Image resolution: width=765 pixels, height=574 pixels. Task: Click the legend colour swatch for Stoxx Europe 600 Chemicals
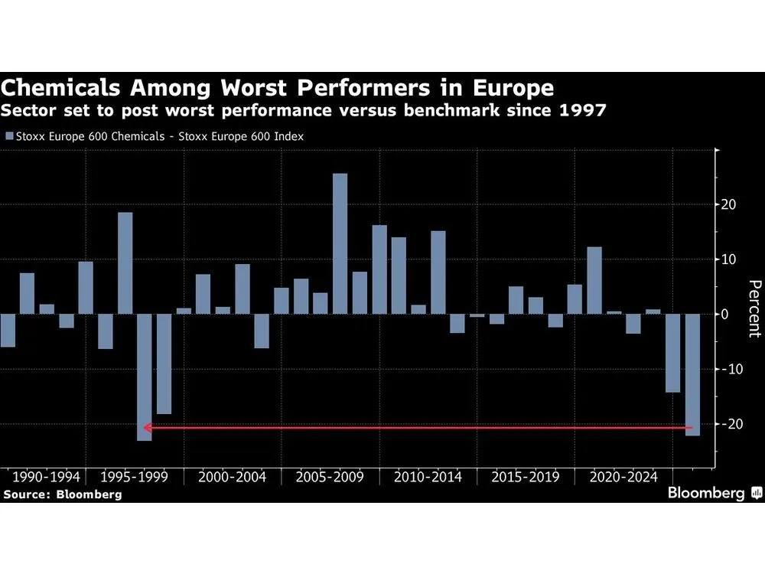tap(8, 137)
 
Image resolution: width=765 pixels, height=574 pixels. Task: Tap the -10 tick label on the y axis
tap(729, 369)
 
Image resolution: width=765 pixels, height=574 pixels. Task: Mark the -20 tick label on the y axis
tap(729, 424)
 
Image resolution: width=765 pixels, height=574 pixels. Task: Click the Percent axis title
tap(754, 308)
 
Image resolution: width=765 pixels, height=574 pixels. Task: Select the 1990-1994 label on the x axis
tap(41, 477)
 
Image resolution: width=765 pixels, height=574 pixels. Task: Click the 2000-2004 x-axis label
tap(232, 477)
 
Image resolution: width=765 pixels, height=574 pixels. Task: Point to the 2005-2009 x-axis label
tap(330, 477)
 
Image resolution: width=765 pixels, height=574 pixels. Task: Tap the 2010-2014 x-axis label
tap(428, 477)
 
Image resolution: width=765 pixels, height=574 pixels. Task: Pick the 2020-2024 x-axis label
tap(623, 477)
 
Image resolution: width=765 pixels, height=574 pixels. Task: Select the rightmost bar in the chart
tap(692, 374)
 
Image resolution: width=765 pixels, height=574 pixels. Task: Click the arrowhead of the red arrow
tap(147, 428)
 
